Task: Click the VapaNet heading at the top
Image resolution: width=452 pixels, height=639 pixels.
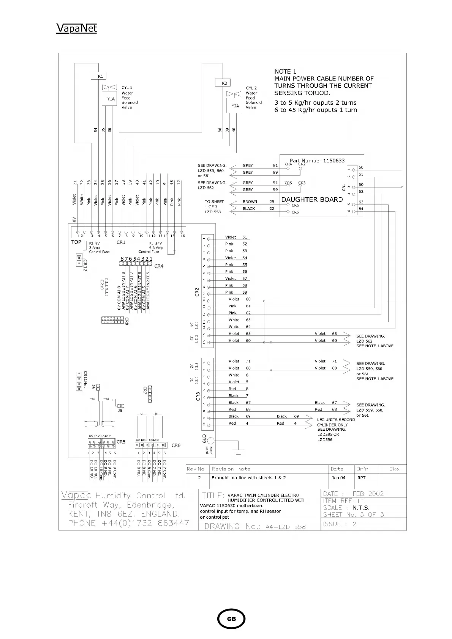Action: click(x=76, y=28)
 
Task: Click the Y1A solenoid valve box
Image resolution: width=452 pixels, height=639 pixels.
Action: click(x=111, y=99)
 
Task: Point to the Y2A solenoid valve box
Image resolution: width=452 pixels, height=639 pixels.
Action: click(x=235, y=106)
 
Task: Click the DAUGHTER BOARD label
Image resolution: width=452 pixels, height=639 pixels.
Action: click(x=312, y=200)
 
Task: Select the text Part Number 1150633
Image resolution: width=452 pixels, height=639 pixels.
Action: click(x=317, y=161)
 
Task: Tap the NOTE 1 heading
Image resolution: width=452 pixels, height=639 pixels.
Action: click(x=285, y=71)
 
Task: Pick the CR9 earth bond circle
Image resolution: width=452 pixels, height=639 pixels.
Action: click(x=210, y=441)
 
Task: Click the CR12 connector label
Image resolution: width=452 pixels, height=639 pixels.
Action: click(x=85, y=265)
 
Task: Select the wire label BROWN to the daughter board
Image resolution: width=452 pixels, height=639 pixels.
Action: click(x=250, y=202)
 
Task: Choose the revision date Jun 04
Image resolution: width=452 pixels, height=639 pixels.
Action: click(x=338, y=478)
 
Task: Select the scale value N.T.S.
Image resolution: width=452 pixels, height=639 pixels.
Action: click(x=361, y=508)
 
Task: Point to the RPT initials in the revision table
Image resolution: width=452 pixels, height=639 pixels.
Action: click(x=361, y=478)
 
